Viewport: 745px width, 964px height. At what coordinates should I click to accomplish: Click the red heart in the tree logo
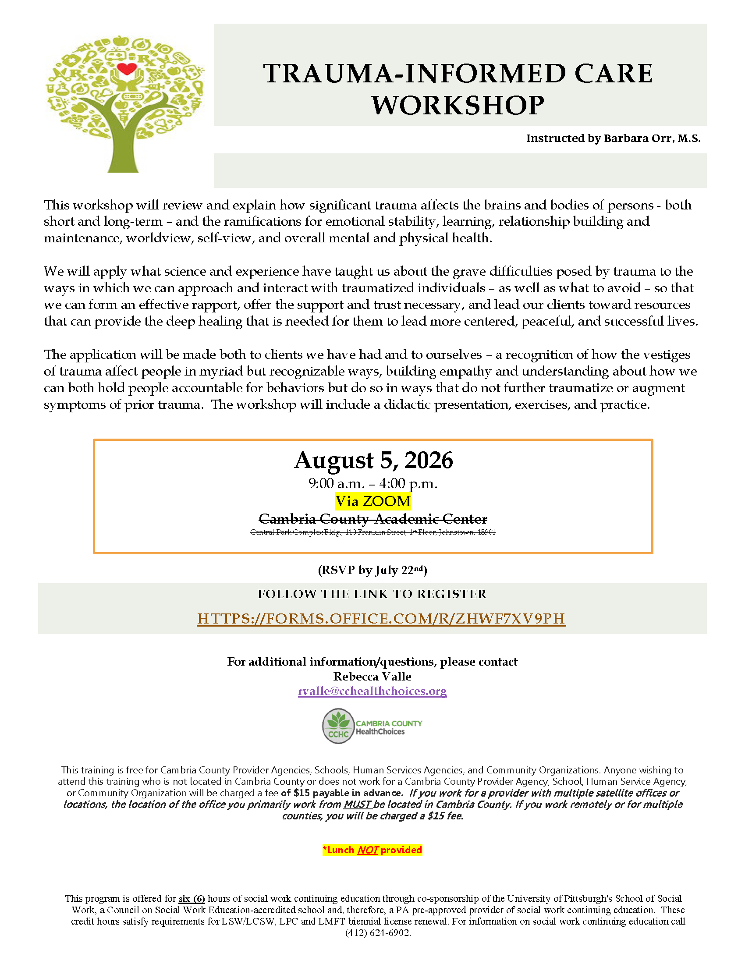click(127, 69)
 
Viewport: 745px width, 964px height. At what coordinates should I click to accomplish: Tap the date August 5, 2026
click(373, 461)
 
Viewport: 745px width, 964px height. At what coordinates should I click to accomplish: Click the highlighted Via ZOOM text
click(373, 501)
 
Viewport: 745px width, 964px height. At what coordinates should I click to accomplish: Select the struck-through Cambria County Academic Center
click(373, 519)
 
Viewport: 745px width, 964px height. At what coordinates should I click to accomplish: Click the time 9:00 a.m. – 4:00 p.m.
click(373, 484)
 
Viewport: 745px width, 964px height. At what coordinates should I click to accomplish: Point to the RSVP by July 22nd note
click(372, 570)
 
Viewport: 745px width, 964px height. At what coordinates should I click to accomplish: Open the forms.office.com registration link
click(381, 619)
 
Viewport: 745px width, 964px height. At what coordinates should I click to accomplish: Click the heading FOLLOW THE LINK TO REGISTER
click(372, 594)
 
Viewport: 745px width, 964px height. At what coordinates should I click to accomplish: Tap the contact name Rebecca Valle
click(372, 677)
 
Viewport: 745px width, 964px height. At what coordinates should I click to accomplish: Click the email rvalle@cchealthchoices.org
click(372, 691)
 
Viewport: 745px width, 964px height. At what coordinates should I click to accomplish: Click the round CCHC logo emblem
click(338, 727)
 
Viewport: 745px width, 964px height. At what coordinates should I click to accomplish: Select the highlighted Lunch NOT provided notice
click(372, 850)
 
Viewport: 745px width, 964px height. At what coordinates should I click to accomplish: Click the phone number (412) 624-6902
click(378, 933)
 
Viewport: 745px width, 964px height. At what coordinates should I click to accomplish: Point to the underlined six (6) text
click(192, 899)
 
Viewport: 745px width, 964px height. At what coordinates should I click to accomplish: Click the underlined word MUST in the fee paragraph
click(357, 804)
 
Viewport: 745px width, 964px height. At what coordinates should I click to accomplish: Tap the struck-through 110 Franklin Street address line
click(373, 532)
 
